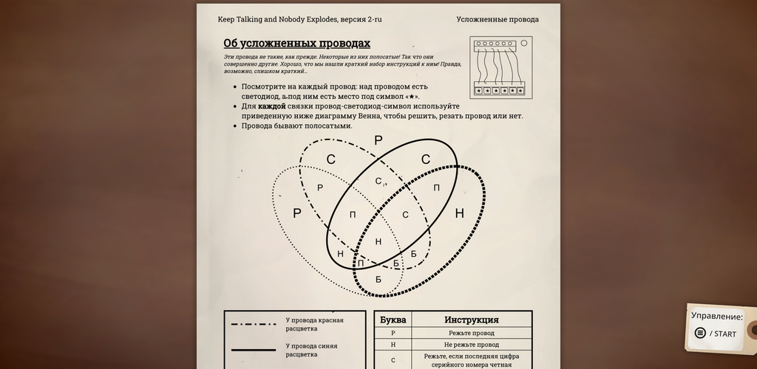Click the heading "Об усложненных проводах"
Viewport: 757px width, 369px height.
296,44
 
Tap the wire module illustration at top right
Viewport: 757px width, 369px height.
500,68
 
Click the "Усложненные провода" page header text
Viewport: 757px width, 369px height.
497,19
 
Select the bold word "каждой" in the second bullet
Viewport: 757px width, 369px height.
271,106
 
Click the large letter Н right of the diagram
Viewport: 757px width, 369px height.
459,214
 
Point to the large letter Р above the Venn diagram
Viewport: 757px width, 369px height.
378,140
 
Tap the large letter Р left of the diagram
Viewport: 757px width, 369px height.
297,213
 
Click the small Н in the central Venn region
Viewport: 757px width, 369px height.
378,241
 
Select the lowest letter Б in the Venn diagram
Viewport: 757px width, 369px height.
378,279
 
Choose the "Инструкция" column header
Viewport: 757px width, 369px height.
471,320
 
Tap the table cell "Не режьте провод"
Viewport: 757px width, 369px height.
471,345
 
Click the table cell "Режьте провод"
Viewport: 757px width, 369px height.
471,333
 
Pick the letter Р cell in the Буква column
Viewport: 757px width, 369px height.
393,333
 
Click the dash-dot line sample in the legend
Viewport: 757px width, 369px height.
254,324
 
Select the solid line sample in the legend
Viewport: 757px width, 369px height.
254,350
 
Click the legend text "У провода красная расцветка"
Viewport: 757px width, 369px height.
314,324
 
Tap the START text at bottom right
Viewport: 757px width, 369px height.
724,334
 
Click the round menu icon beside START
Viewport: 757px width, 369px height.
700,333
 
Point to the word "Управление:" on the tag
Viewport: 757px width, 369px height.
717,316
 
